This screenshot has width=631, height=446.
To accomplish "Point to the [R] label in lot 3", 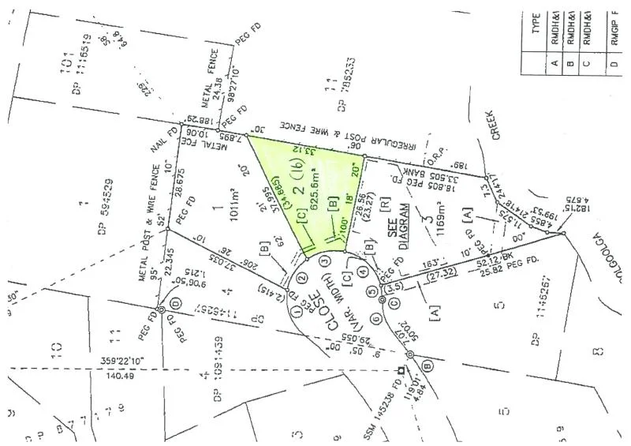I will point(383,201).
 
